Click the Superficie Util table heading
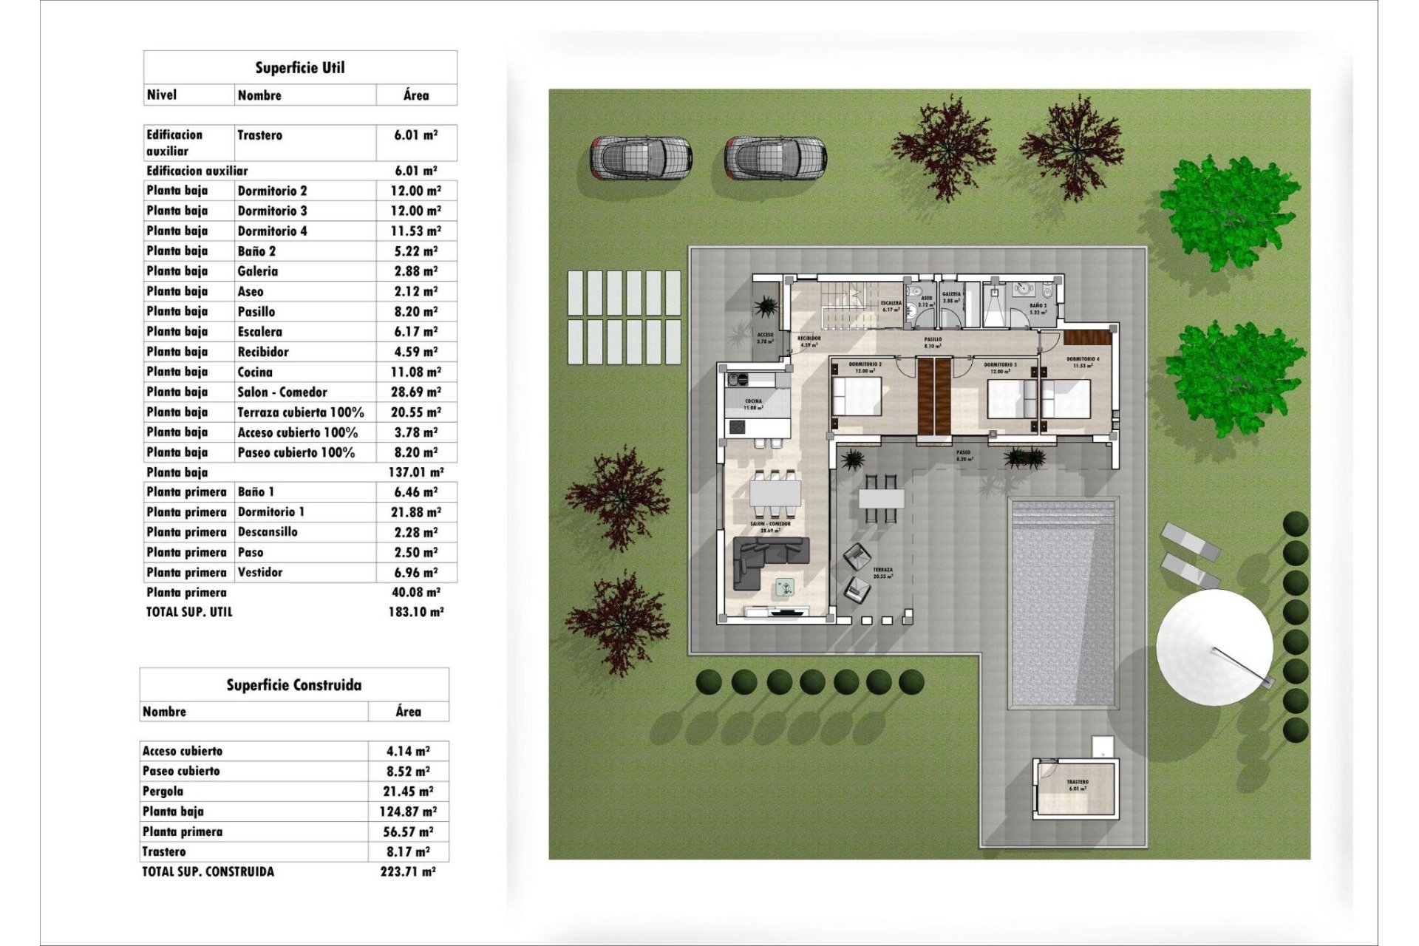tap(300, 68)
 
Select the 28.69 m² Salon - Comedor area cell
tap(415, 392)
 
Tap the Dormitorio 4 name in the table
tap(272, 231)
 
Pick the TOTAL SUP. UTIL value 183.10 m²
tap(415, 612)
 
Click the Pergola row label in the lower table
tap(163, 792)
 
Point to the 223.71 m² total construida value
tap(408, 872)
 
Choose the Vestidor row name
tap(259, 573)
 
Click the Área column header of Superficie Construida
tap(408, 712)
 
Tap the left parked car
tap(640, 157)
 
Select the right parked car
tap(775, 157)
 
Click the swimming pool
tap(1063, 602)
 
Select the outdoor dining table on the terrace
tap(881, 499)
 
